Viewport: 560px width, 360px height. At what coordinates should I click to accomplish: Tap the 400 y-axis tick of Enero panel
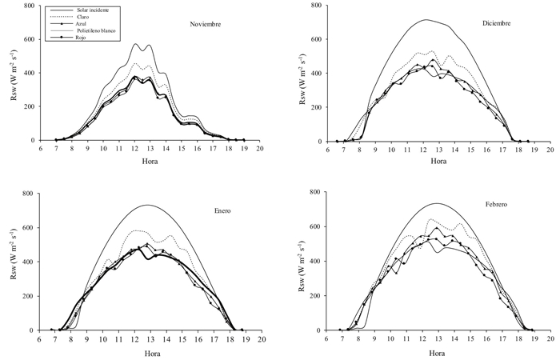[30, 262]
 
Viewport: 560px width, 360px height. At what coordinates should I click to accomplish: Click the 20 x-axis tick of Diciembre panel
[548, 150]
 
